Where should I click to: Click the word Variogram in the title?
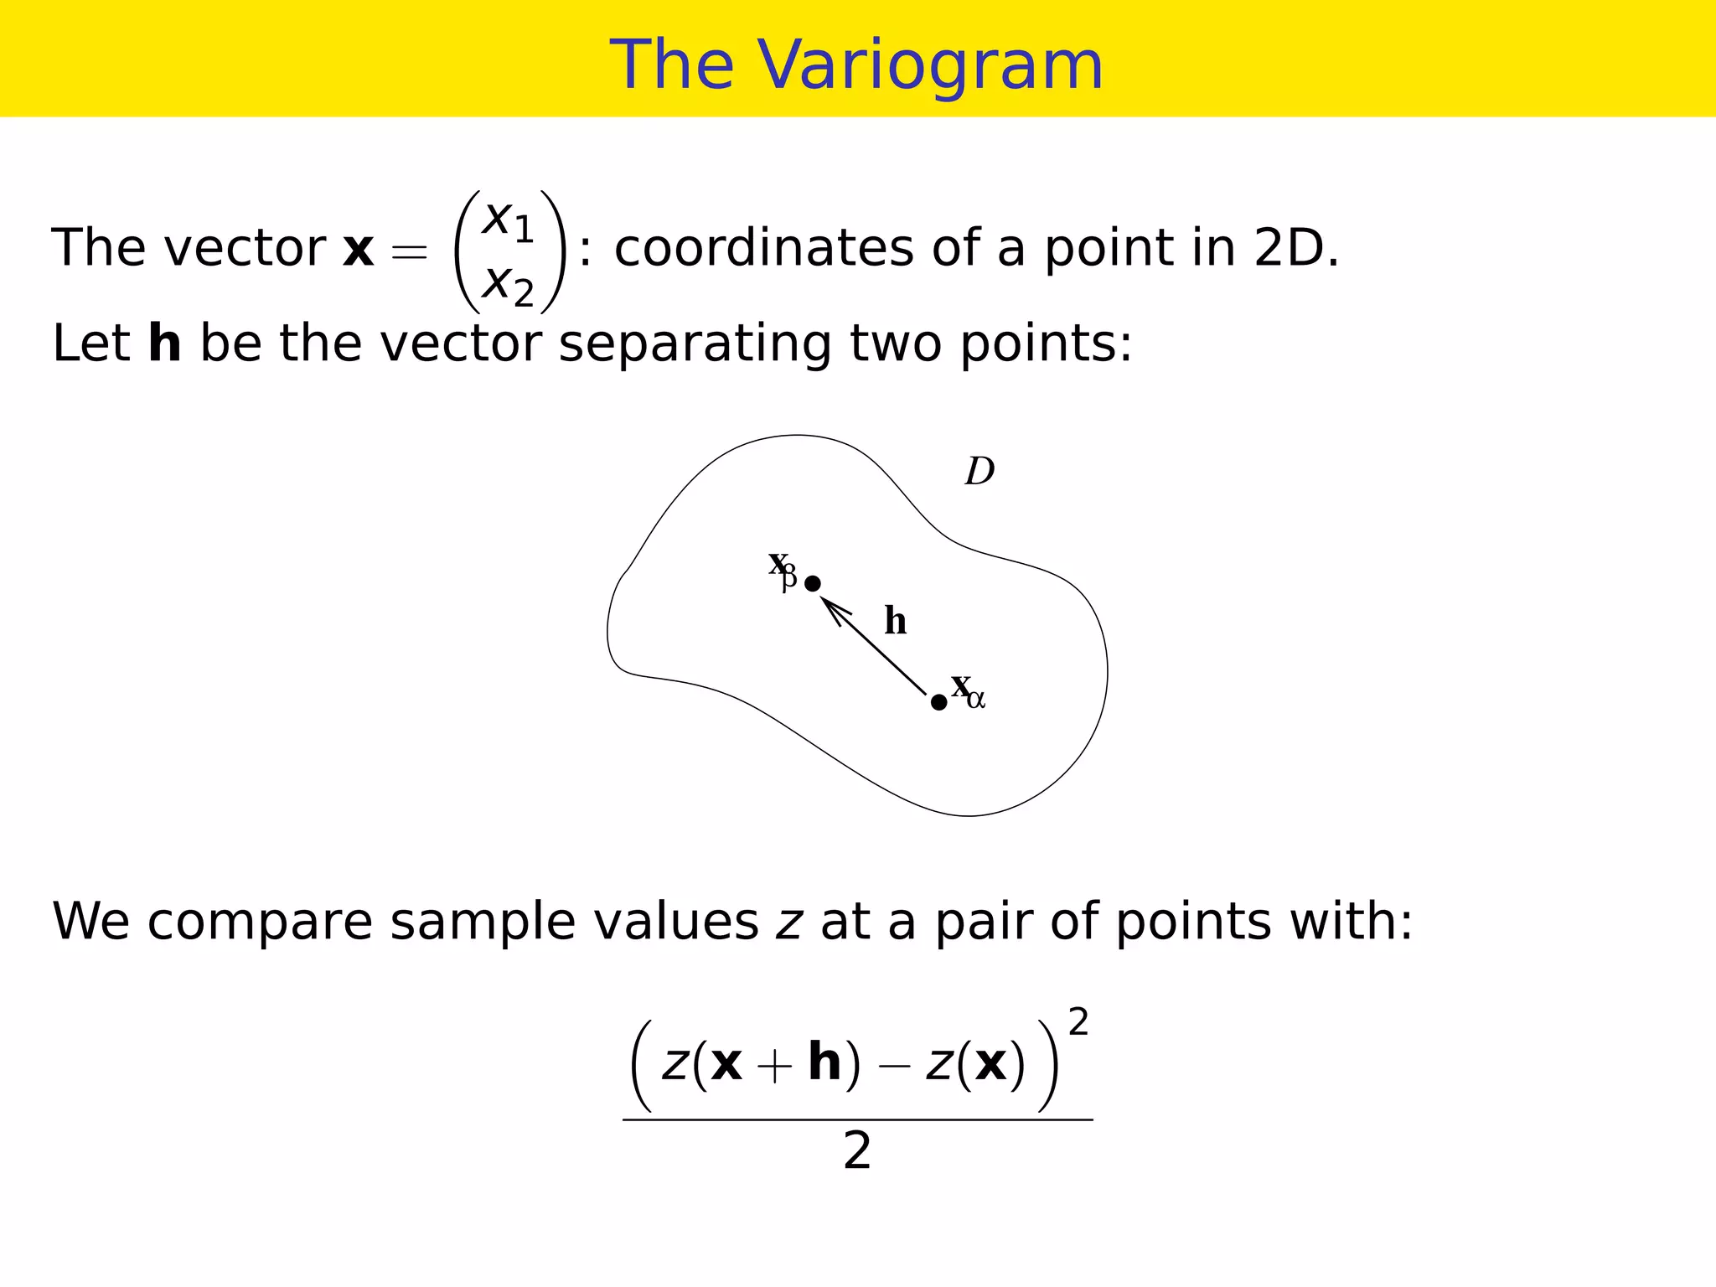point(931,65)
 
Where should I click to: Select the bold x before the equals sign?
point(359,250)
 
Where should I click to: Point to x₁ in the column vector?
point(508,220)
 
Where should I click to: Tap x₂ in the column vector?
point(508,284)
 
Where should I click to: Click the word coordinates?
point(763,249)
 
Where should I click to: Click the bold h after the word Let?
point(164,344)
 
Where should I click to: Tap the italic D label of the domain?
point(979,472)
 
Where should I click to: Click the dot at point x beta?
point(812,583)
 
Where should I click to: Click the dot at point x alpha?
point(938,702)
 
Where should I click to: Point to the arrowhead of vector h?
point(828,603)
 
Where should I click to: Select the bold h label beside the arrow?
point(896,622)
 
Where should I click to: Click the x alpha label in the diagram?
point(968,690)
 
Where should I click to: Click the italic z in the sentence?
point(788,923)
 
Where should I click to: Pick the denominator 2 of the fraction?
point(857,1152)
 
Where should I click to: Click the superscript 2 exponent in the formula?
point(1078,1023)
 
